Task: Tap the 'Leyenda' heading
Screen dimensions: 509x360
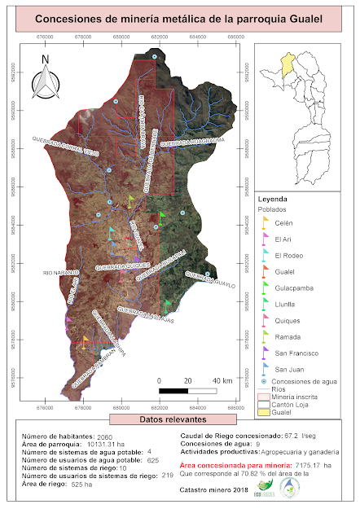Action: (274, 199)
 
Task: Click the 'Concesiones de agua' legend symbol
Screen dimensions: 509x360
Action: (264, 381)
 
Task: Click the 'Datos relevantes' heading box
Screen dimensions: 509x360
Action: (179, 419)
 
